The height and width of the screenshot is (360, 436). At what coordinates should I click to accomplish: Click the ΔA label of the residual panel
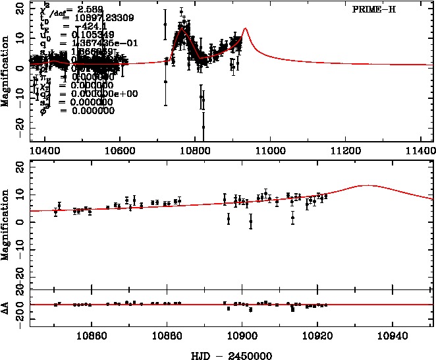click(5, 305)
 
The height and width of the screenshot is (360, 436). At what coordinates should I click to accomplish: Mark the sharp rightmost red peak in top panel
click(245, 28)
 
